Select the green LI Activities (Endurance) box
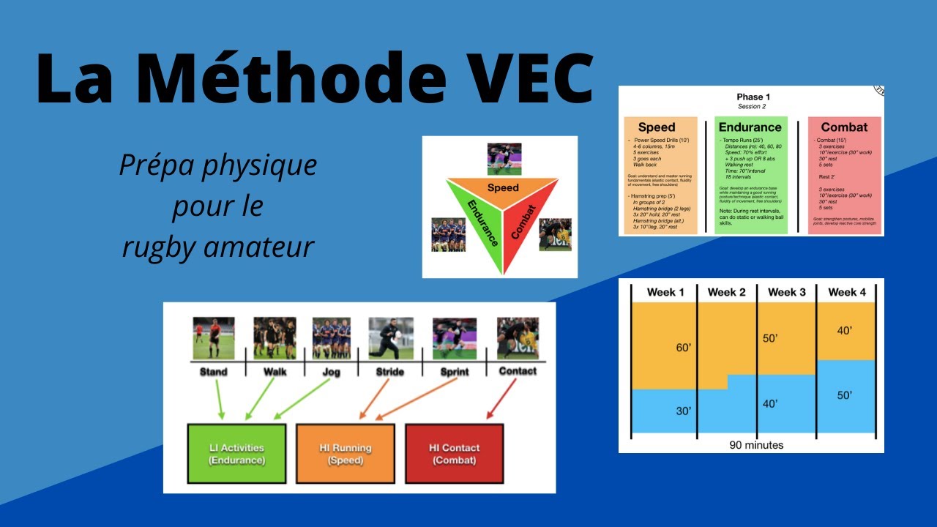pyautogui.click(x=236, y=454)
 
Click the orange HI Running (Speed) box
pyautogui.click(x=345, y=454)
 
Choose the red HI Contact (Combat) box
pyautogui.click(x=453, y=454)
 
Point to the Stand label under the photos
pyautogui.click(x=213, y=371)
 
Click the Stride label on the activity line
pyautogui.click(x=389, y=371)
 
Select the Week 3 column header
pyautogui.click(x=786, y=292)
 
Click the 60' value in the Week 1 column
pyautogui.click(x=683, y=347)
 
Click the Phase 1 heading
pyautogui.click(x=753, y=97)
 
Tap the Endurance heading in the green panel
pyautogui.click(x=750, y=127)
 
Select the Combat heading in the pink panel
pyautogui.click(x=844, y=127)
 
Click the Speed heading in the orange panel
pyautogui.click(x=657, y=127)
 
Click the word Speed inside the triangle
pyautogui.click(x=503, y=188)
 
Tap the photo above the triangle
pyautogui.click(x=504, y=159)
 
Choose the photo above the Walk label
pyautogui.click(x=275, y=337)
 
